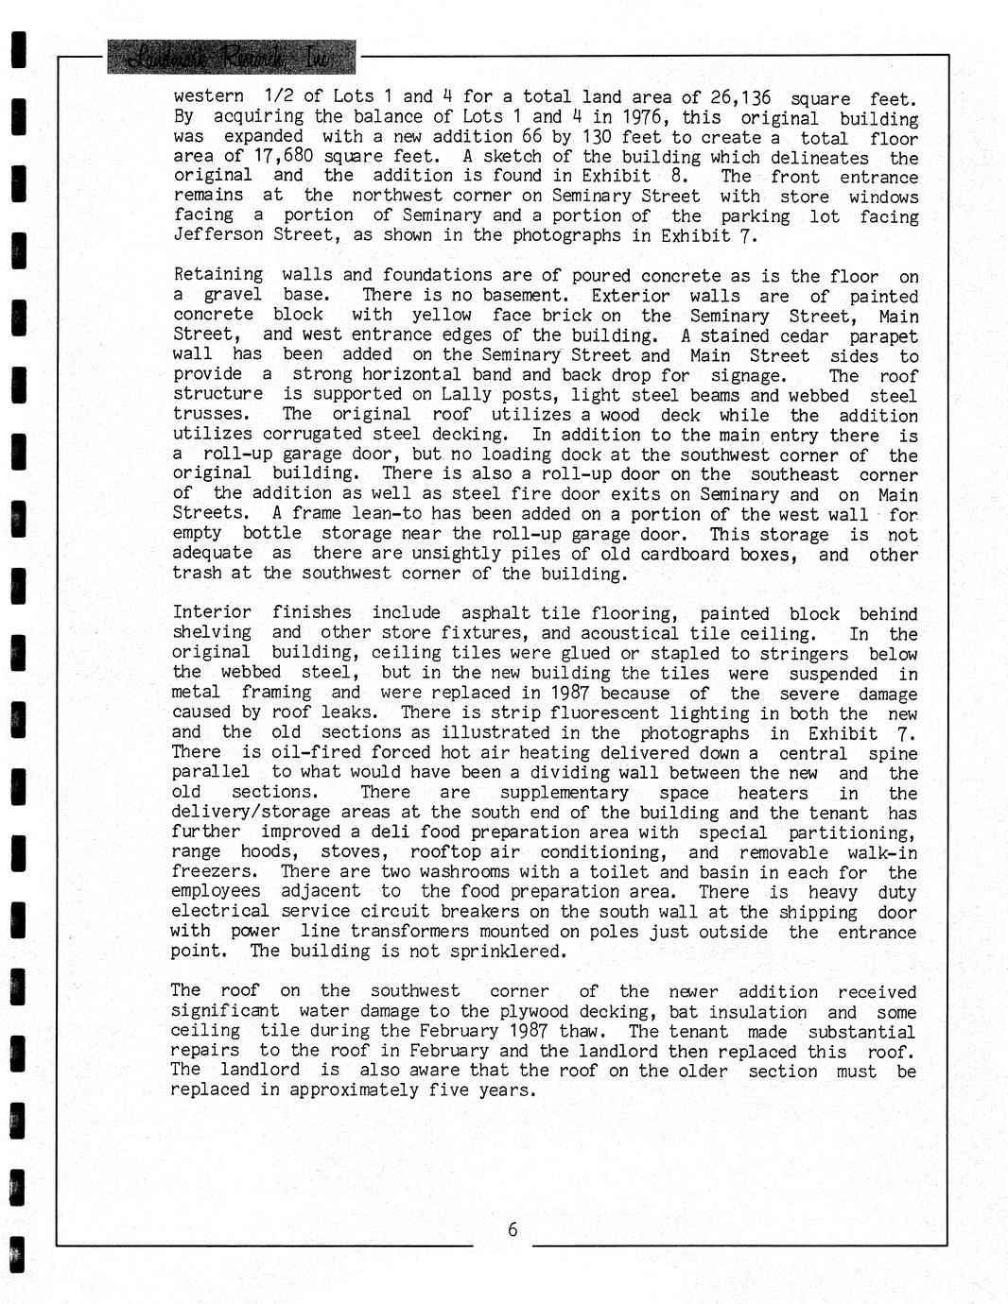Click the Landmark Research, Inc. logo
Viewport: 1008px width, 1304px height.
(x=232, y=58)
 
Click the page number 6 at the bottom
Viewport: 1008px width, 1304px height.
(x=513, y=1229)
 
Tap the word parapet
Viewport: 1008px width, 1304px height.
(x=883, y=335)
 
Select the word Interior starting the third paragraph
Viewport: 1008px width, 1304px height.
(x=212, y=612)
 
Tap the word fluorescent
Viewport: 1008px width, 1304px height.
(x=580, y=712)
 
